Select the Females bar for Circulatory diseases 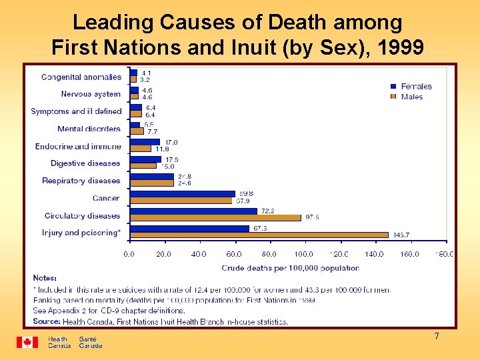tap(193, 211)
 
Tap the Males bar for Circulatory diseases tap(215, 217)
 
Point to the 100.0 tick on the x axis tap(304, 254)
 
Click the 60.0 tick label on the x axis tap(234, 254)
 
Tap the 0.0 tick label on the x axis tap(129, 254)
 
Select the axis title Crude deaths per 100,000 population tap(290, 268)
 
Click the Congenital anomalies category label tap(81, 77)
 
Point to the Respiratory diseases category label tap(81, 181)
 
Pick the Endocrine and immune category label tap(79, 146)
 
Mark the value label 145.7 tap(401, 235)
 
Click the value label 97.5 tap(312, 217)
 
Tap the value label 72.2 tap(268, 211)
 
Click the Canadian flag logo tap(27, 342)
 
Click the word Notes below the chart tap(45, 278)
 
